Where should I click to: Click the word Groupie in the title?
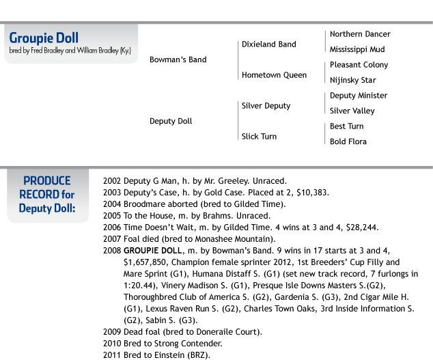coord(31,38)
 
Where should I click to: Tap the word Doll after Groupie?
coord(67,38)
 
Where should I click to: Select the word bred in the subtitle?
coord(14,51)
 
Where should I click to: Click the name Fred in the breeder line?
coord(36,51)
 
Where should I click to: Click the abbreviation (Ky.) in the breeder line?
coord(125,51)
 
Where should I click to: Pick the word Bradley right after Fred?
coord(53,51)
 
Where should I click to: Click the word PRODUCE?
coord(47,181)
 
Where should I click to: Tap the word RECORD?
coord(39,195)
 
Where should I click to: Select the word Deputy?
coord(36,208)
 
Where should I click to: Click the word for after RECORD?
coord(68,195)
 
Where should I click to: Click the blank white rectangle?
coord(47,152)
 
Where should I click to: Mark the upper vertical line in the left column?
coord(238,60)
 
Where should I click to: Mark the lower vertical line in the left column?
coord(238,120)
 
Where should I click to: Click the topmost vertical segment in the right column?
coord(325,41)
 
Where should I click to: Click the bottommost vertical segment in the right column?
coord(325,133)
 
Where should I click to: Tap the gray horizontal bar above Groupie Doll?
coord(273,23)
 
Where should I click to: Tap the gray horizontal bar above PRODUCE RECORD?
coord(273,167)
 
